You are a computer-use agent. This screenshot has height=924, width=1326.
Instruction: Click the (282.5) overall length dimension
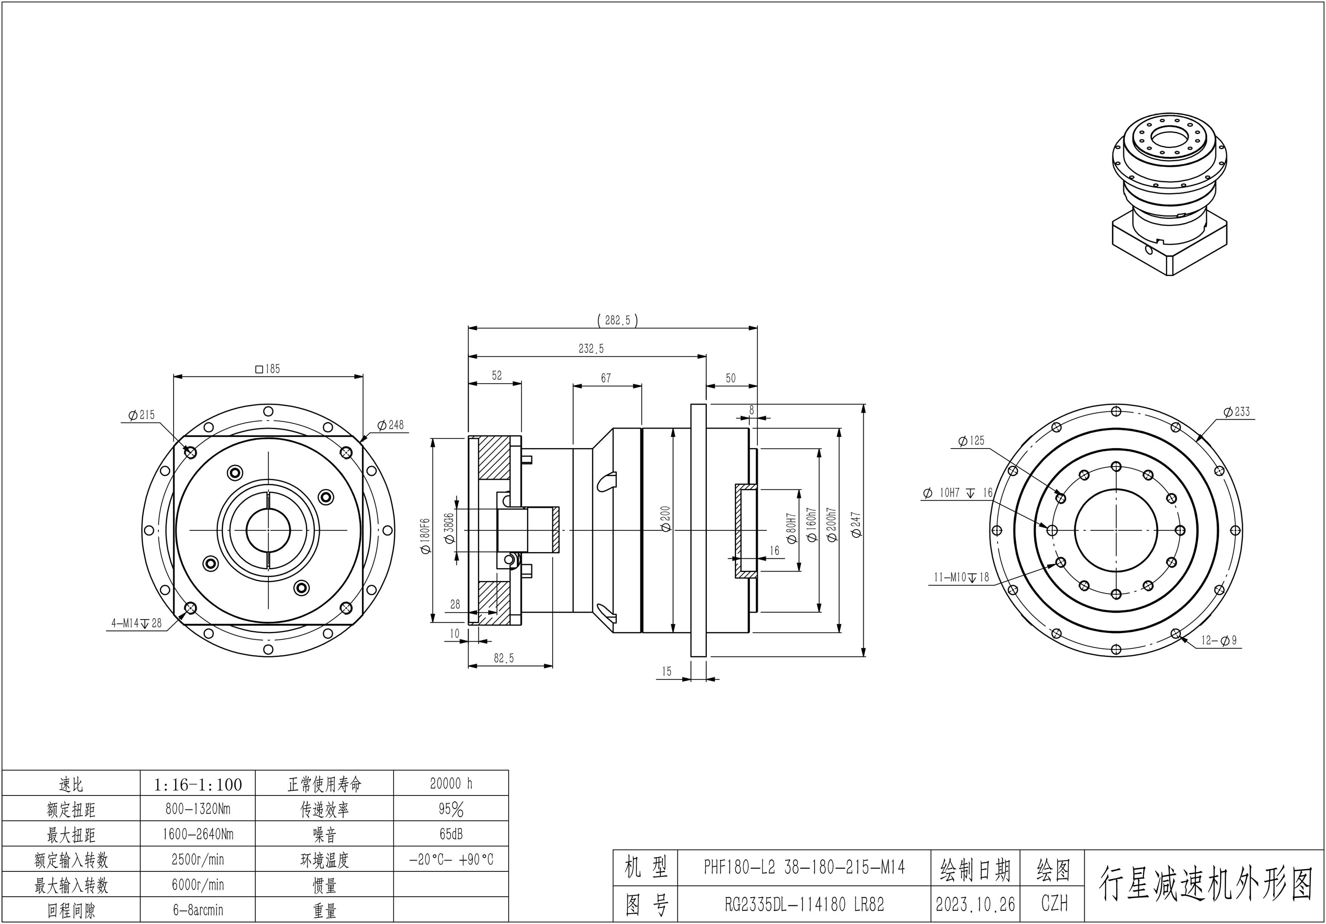point(617,320)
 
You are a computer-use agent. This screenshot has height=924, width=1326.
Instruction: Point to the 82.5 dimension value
point(503,658)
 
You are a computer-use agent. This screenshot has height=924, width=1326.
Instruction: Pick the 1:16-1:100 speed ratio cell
point(198,784)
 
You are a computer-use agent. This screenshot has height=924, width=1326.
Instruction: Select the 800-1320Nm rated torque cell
point(198,809)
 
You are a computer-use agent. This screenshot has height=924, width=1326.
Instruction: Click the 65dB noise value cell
point(451,834)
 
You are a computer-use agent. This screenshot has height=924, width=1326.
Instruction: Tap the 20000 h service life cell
point(451,784)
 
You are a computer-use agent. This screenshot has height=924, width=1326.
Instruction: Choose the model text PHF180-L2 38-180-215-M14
point(804,867)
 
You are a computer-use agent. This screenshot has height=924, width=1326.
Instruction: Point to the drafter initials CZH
point(1054,904)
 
